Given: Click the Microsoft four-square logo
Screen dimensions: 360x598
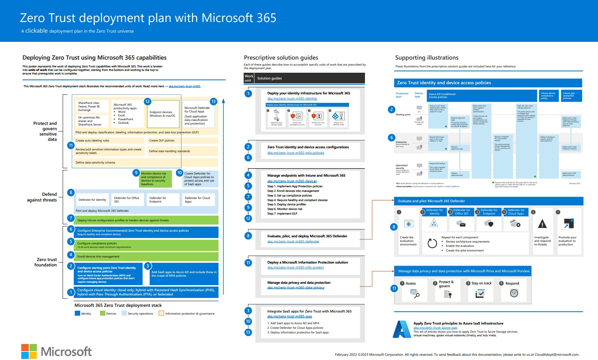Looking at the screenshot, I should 29,351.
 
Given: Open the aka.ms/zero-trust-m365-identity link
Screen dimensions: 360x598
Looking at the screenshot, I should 292,99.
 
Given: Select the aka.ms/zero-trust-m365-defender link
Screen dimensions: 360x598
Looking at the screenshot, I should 293,242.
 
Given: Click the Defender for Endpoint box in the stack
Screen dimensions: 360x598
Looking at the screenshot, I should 162,200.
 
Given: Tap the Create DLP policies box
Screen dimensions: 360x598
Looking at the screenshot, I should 182,140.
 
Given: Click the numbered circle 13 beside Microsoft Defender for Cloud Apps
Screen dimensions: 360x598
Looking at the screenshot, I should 213,101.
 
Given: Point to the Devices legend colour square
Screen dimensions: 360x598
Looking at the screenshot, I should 103,313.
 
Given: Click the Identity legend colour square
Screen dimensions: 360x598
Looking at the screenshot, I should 77,313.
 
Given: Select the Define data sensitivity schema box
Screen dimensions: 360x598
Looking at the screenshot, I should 145,162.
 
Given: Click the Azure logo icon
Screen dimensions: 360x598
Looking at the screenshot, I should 402,329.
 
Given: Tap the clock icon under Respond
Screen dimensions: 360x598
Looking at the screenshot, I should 514,293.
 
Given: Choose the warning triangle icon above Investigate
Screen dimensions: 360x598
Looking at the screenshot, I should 542,224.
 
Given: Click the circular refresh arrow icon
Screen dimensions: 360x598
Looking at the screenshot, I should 432,243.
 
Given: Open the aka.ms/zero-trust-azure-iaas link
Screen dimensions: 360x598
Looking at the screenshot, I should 435,328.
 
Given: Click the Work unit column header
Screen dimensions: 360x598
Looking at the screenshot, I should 249,78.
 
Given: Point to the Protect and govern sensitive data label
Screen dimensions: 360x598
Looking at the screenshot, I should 45,131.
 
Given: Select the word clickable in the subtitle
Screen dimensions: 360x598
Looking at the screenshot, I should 37,31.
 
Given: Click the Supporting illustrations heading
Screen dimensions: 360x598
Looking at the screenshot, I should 427,57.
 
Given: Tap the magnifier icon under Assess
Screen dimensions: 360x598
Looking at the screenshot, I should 415,294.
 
